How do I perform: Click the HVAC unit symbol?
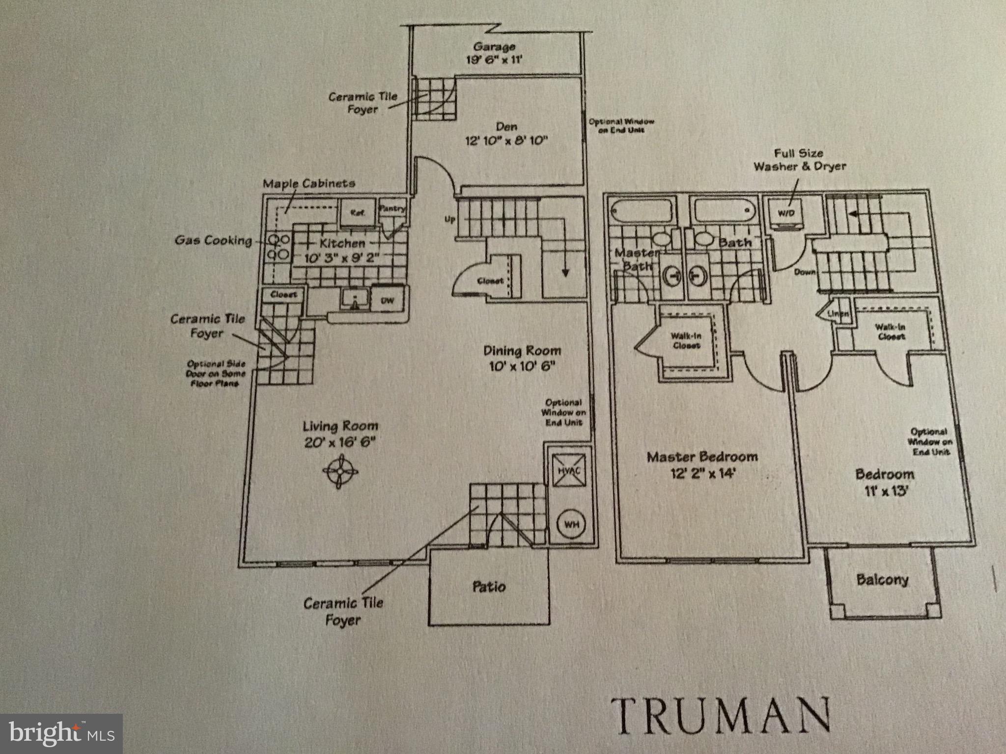point(569,469)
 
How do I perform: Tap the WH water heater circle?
point(571,524)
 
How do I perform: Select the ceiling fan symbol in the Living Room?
point(340,471)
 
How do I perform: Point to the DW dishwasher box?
point(388,300)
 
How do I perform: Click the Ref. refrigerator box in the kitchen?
point(357,213)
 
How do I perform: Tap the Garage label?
point(494,47)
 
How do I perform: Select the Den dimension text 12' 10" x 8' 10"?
point(506,141)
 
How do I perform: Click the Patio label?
point(489,587)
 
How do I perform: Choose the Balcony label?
point(882,580)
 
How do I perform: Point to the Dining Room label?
point(522,351)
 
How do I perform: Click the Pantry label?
point(392,208)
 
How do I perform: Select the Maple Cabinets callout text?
point(309,184)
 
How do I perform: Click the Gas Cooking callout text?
point(214,241)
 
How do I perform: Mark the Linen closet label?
point(838,313)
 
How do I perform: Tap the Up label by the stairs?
point(450,219)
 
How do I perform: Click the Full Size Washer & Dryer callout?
point(800,160)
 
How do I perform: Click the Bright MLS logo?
point(61,734)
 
